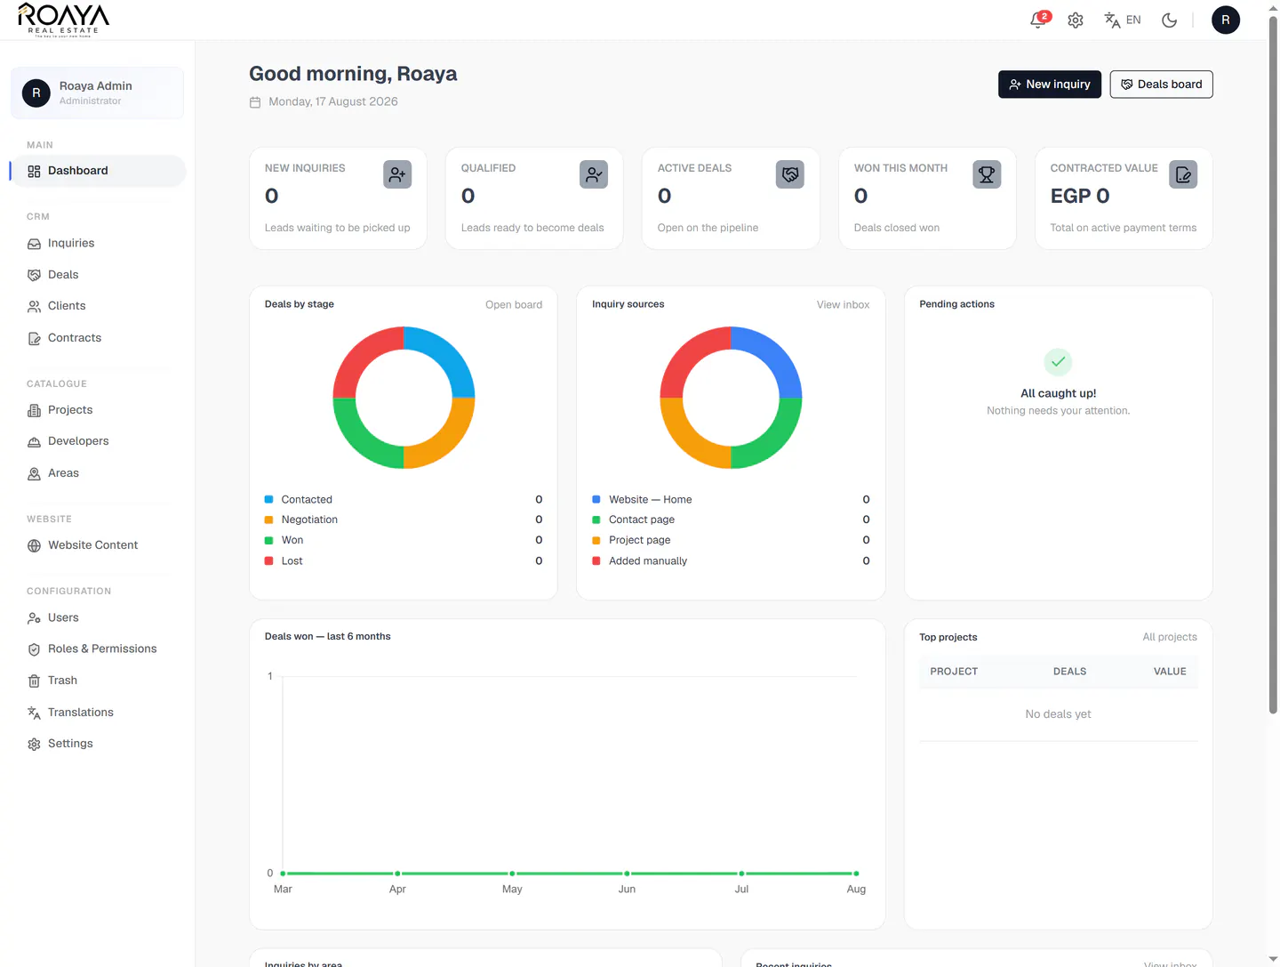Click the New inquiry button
1049,84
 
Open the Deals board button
1161,84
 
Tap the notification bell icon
1037,20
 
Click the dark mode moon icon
1169,20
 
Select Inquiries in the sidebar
70,243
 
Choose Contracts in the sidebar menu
74,338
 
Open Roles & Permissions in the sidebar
102,649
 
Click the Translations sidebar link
81,712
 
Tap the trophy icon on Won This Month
986,174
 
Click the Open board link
513,304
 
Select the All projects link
1169,637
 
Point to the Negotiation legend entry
309,520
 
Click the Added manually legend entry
647,560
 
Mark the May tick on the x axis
511,889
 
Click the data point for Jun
627,874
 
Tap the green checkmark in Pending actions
1057,362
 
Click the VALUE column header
1169,671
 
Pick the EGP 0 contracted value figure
1079,196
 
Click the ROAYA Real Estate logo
63,20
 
